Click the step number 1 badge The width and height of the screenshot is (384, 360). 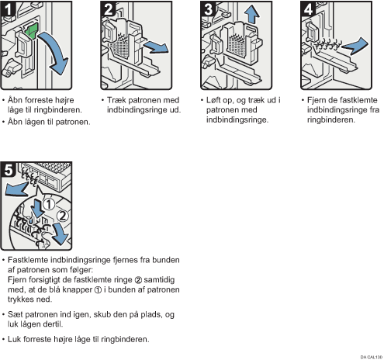8,9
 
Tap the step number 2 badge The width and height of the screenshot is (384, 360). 108,9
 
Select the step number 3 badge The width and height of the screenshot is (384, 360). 208,9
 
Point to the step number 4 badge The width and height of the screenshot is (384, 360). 308,9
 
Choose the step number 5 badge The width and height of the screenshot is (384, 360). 8,170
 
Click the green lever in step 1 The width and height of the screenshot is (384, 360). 32,31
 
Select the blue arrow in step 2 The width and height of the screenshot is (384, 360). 156,47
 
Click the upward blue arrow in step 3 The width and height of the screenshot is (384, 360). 251,14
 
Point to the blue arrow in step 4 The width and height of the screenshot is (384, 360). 355,46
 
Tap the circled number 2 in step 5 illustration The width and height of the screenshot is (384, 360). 63,216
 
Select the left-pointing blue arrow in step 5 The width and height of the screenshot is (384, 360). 17,189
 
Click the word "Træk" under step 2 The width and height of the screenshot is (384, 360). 116,100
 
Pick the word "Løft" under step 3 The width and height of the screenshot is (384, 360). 213,100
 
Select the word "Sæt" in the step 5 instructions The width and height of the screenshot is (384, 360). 15,314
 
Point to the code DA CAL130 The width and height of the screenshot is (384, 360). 372,357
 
